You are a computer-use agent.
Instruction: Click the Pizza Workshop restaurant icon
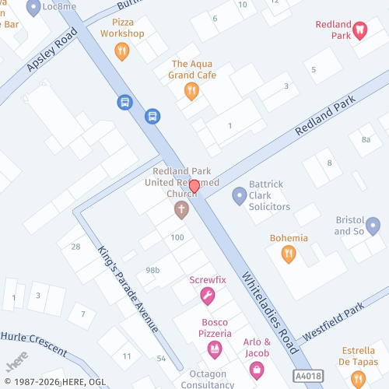[121, 51]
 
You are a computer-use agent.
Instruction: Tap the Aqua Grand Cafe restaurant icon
[191, 92]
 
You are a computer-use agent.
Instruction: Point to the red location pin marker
[194, 187]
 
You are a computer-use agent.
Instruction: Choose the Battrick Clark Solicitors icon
[239, 194]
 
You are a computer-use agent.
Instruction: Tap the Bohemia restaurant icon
[289, 254]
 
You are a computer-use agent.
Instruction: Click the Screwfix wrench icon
[207, 296]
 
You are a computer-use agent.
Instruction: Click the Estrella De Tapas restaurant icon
[358, 378]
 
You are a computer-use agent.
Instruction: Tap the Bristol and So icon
[373, 226]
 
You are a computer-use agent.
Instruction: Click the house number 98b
[152, 270]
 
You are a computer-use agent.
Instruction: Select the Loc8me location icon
[33, 8]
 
